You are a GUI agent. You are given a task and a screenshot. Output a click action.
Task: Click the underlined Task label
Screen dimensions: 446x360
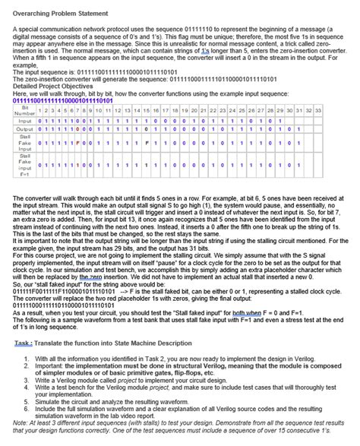click(x=23, y=343)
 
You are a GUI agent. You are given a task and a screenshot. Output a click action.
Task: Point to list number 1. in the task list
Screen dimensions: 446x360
click(x=27, y=357)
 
